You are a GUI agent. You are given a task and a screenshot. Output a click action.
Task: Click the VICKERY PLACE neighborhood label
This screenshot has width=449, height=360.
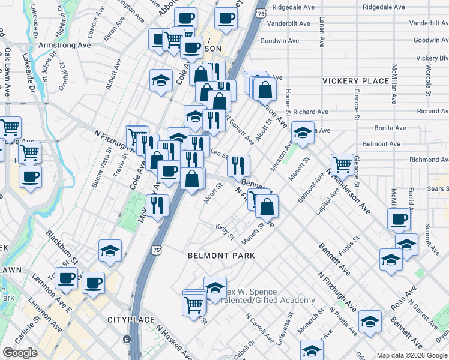(355, 81)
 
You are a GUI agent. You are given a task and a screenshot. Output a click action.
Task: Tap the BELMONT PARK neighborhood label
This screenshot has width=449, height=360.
(221, 256)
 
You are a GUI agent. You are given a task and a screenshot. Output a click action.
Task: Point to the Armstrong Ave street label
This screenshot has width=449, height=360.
(64, 45)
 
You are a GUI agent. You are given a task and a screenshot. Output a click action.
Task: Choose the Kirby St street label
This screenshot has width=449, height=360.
(225, 231)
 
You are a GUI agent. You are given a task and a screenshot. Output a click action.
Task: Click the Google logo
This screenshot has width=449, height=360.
(20, 353)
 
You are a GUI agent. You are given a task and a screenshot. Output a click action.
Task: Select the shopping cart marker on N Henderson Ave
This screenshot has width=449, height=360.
(342, 163)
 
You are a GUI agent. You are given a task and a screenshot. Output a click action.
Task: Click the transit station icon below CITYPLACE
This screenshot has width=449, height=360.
(127, 339)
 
